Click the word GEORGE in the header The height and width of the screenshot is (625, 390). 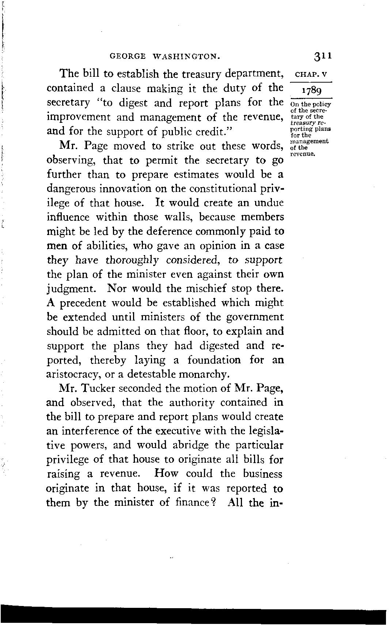(128, 57)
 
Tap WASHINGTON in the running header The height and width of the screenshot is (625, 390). (185, 57)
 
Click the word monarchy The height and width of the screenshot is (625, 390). (207, 374)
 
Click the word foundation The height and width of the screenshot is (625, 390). (214, 360)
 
